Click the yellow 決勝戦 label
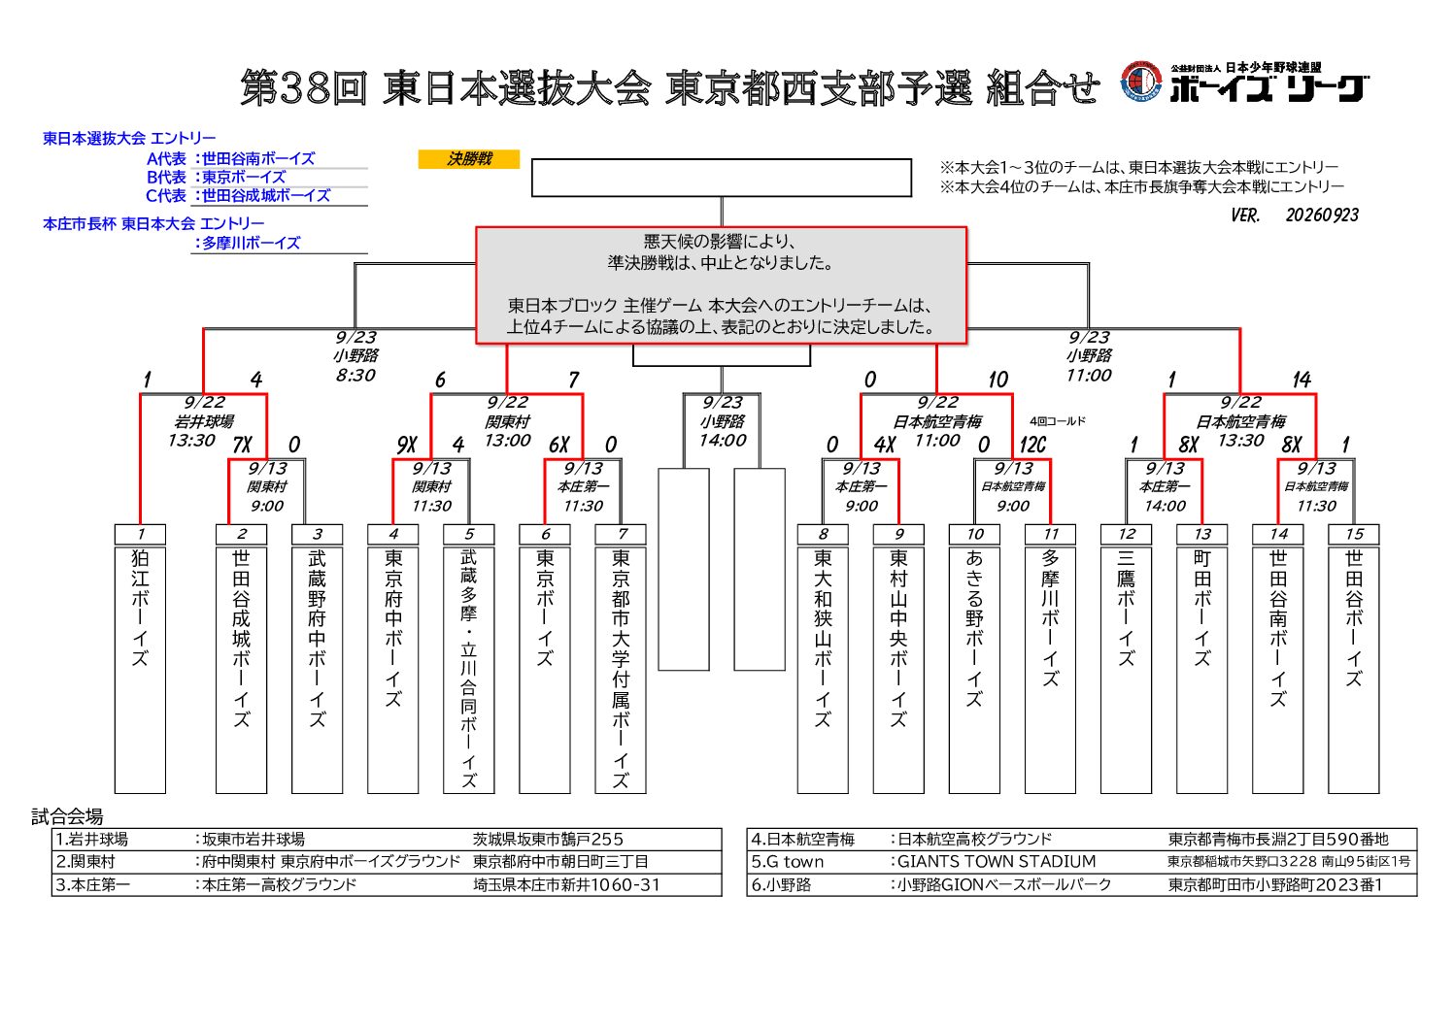click(x=469, y=159)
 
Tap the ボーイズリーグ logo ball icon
click(x=1141, y=83)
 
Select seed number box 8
click(x=823, y=534)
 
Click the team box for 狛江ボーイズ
click(x=140, y=670)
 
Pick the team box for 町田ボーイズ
click(x=1202, y=670)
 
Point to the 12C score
click(x=1032, y=445)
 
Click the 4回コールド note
click(x=1058, y=421)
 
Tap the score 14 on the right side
click(x=1302, y=380)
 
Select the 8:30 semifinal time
click(x=355, y=375)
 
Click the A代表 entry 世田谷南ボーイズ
click(x=258, y=159)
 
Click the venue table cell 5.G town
click(x=788, y=862)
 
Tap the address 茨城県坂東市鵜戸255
click(x=548, y=840)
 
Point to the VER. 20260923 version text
click(x=1295, y=215)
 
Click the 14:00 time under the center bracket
click(x=723, y=441)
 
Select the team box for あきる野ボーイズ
click(x=974, y=670)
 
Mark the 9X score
click(x=406, y=445)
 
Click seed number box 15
click(x=1353, y=534)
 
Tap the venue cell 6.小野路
click(x=782, y=885)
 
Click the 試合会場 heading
click(x=68, y=816)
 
